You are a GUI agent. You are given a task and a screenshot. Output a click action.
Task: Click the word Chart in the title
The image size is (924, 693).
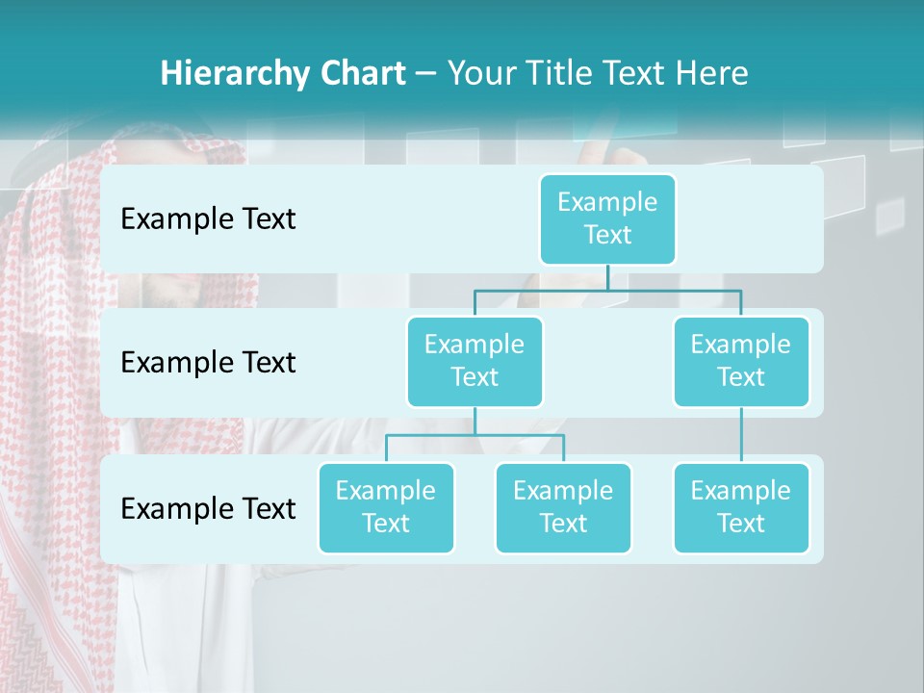360,74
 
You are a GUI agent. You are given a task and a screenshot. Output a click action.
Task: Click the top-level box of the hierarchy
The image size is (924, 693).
607,218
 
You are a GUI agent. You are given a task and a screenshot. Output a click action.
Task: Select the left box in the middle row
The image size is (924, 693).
475,361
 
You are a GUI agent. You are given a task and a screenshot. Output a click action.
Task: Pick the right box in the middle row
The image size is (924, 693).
740,361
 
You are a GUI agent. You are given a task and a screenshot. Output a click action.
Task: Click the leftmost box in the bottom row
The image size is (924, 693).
386,507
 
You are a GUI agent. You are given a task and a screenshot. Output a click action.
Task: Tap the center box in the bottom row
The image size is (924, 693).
563,507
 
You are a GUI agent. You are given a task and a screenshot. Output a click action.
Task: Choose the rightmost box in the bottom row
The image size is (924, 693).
740,507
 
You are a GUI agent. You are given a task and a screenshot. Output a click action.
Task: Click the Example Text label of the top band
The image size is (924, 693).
208,219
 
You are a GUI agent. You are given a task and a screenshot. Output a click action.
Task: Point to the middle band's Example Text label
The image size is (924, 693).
208,363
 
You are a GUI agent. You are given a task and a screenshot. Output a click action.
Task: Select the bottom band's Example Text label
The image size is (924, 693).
208,508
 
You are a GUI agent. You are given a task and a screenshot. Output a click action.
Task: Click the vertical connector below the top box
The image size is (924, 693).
607,277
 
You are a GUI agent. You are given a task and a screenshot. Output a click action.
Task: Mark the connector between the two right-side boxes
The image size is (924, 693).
740,435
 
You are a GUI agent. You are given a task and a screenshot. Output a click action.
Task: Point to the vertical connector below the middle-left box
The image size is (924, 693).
475,421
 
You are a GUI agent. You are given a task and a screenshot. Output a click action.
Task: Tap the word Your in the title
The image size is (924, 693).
479,74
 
